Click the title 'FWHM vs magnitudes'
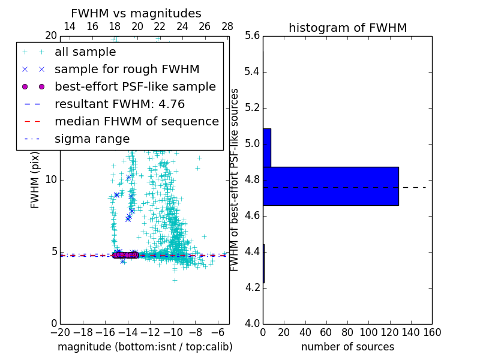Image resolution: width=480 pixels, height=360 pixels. point(136,13)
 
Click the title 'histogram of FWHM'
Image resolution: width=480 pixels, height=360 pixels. point(347,28)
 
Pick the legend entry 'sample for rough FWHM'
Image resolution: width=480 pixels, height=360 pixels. point(127,69)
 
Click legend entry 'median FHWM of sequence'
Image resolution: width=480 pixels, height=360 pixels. point(136,121)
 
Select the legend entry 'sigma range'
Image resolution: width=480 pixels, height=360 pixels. point(92,139)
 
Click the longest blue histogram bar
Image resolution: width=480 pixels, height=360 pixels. point(331,186)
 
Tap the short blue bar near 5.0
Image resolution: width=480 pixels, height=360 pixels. point(267,148)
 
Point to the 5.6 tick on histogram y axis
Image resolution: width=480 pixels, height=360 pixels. point(253,36)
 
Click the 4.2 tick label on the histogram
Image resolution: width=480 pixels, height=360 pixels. point(253,288)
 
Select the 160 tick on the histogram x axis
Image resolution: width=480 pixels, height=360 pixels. point(432,332)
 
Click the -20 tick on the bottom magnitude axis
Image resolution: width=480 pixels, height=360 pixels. point(60,332)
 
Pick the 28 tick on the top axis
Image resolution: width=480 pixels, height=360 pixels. point(227,26)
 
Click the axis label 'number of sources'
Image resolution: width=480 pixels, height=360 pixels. point(347,347)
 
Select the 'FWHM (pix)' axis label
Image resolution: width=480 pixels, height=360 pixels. point(35,180)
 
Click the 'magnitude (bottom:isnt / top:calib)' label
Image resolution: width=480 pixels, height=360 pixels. point(145,347)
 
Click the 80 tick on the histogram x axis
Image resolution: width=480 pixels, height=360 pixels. point(347,332)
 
